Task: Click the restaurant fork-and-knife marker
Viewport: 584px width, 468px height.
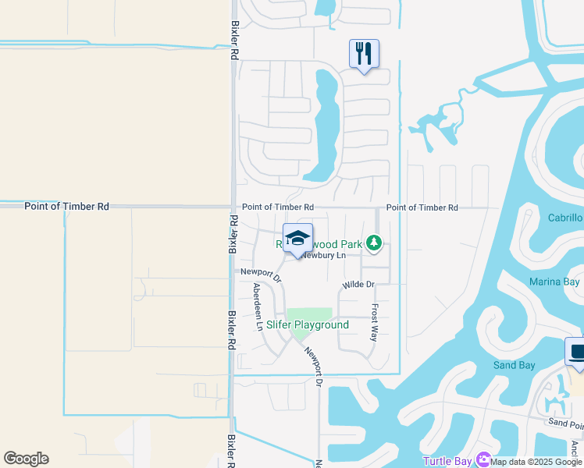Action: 364,54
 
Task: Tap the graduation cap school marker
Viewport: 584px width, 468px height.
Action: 297,238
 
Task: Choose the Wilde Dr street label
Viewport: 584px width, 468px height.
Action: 358,285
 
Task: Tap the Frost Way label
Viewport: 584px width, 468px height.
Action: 374,323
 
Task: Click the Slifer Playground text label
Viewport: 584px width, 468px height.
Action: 308,324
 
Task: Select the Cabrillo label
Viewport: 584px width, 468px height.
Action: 565,218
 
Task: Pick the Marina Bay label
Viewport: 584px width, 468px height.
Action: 555,282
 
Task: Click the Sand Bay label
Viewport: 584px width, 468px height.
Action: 514,365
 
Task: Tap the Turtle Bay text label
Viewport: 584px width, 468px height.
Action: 447,461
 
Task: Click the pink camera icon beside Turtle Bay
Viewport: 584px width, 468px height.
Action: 484,461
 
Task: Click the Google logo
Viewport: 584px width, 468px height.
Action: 26,459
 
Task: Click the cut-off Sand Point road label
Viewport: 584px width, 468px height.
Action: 565,423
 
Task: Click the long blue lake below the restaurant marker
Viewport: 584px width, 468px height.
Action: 326,125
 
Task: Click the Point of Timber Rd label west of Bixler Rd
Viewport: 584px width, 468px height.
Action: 66,207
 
